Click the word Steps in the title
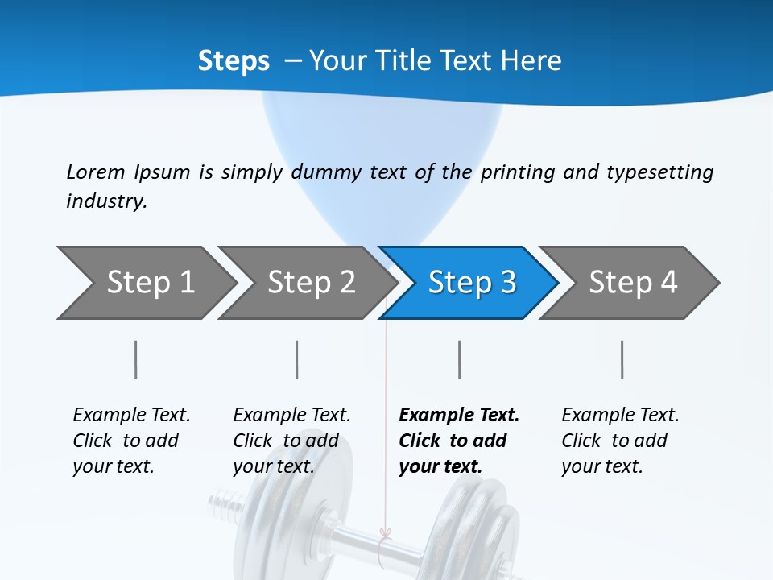pyautogui.click(x=234, y=60)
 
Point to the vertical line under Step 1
pyautogui.click(x=136, y=359)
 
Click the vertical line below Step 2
pyautogui.click(x=297, y=359)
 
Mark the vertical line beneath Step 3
pyautogui.click(x=460, y=359)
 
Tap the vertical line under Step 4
pyautogui.click(x=622, y=359)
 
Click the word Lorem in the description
pyautogui.click(x=96, y=172)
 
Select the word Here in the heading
pyautogui.click(x=531, y=60)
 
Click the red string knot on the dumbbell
pyautogui.click(x=385, y=534)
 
